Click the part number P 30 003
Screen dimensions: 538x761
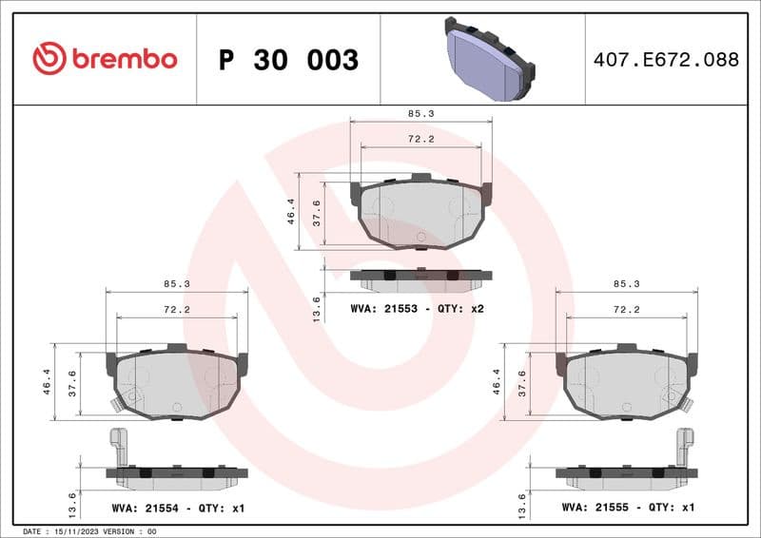[288, 60]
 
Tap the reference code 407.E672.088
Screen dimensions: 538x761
[665, 60]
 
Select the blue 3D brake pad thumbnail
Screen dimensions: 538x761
[489, 59]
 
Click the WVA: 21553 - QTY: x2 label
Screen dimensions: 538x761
[418, 309]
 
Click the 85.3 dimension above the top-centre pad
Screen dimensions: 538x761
[420, 113]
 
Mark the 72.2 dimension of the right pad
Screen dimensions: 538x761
[625, 310]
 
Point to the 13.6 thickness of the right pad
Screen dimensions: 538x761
[522, 503]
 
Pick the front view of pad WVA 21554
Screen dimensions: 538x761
[176, 382]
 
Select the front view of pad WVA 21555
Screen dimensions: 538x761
[626, 382]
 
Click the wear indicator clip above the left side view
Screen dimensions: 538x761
[119, 446]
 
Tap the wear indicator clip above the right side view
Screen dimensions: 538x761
[684, 446]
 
